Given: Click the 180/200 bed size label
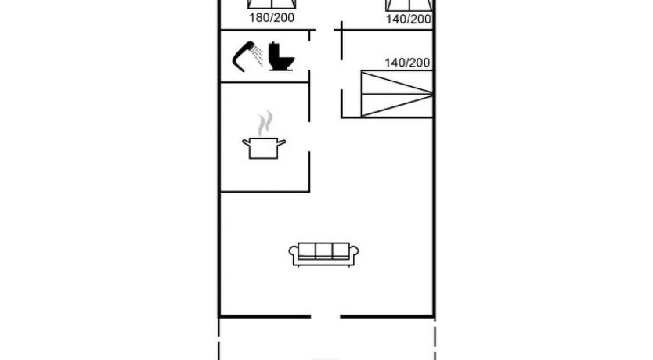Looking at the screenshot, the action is (x=272, y=18).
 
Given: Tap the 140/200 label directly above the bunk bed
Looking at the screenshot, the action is (x=407, y=63).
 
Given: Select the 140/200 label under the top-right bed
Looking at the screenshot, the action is (x=408, y=20).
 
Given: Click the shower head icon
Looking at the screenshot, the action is (x=244, y=56).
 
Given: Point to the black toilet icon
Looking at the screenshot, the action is (x=281, y=56).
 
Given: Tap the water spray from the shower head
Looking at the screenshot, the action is (x=258, y=56).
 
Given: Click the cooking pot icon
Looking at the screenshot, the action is (x=264, y=148).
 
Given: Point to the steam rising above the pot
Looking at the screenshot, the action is (x=265, y=123).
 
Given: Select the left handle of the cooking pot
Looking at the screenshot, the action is (x=246, y=143).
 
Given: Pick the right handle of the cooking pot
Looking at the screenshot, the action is (x=282, y=143).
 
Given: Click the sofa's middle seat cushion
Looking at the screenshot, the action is (x=323, y=250).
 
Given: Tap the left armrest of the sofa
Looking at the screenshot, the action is (x=294, y=254).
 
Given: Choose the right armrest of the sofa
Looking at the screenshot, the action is (x=354, y=254).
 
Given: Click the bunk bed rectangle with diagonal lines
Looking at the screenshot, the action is (x=397, y=94).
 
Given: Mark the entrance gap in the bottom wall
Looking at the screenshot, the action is (x=326, y=317).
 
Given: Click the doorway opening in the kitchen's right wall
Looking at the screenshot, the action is (x=309, y=137).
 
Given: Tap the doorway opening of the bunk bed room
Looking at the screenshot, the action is (x=342, y=74).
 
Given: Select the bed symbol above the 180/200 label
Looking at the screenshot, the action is (x=272, y=4).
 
